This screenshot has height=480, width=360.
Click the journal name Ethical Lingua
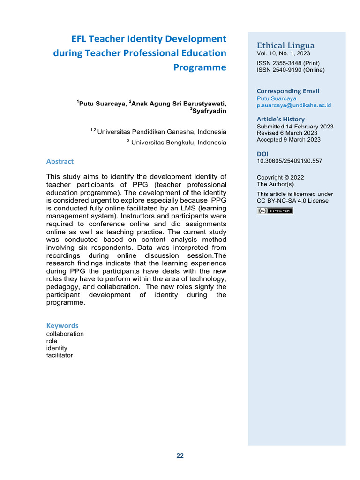click(x=285, y=45)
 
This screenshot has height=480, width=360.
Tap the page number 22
click(x=180, y=456)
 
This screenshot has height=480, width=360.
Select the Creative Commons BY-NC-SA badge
click(x=275, y=211)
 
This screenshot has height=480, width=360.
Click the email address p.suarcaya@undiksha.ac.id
click(x=294, y=105)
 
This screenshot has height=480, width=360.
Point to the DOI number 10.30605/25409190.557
click(x=289, y=161)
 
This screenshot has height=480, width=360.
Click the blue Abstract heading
click(x=60, y=161)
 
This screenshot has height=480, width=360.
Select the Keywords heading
click(x=62, y=325)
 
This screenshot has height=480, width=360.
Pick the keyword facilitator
click(x=60, y=355)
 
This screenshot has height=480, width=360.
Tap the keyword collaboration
click(x=65, y=334)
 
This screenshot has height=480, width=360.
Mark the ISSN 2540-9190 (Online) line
click(x=290, y=70)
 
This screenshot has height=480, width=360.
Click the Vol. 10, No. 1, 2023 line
click(x=283, y=54)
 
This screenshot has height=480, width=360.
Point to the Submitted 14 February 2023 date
click(x=295, y=127)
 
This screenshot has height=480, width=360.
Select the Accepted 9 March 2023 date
click(x=289, y=140)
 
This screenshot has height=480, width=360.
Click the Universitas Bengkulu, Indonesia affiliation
click(x=178, y=142)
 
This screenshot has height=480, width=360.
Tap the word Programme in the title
click(x=200, y=67)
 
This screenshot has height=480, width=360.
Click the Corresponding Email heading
click(x=288, y=91)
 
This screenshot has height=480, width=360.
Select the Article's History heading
click(x=280, y=119)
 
